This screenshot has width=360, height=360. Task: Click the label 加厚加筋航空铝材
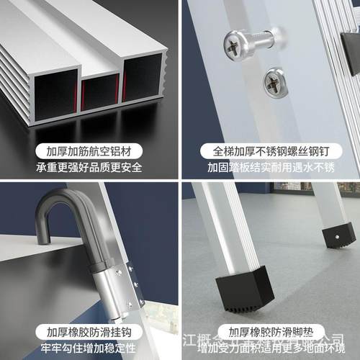click(x=90, y=152)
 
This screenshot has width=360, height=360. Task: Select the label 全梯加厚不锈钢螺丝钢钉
click(x=270, y=152)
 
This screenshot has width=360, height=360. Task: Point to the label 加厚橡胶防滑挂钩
click(x=90, y=332)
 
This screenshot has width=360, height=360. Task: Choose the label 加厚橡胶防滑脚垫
click(x=270, y=332)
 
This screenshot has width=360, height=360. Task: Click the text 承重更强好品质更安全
click(x=90, y=168)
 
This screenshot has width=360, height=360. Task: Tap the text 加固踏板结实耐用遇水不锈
click(x=270, y=168)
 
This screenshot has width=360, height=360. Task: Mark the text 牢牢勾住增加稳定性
click(x=90, y=348)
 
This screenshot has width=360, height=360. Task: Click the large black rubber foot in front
click(x=242, y=288)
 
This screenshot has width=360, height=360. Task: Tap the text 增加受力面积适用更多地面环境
click(x=270, y=348)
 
